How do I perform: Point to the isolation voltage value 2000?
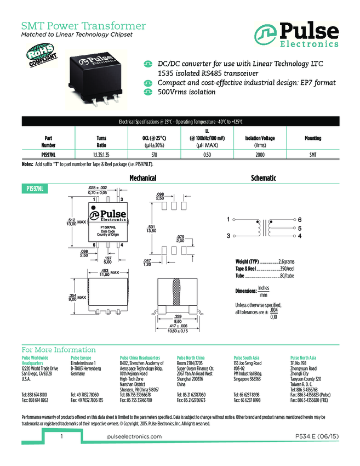point(260,155)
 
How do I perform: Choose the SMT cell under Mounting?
point(313,155)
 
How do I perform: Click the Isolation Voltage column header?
point(260,138)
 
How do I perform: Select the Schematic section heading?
point(263,178)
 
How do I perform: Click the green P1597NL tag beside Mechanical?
point(36,188)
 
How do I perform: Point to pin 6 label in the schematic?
point(300,219)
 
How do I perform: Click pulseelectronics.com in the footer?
point(132,436)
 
